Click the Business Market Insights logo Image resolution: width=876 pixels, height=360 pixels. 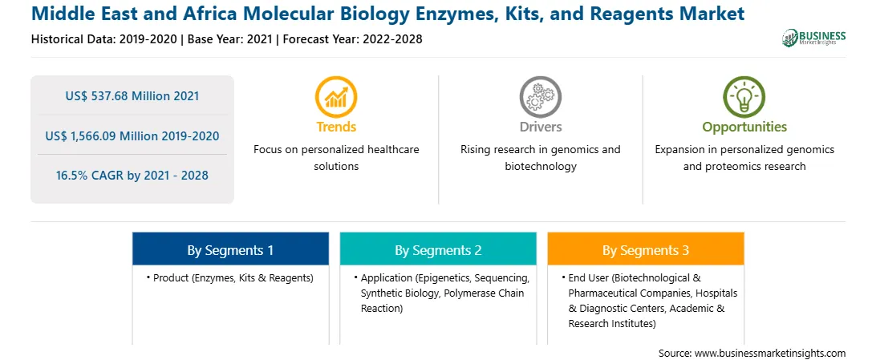pos(813,38)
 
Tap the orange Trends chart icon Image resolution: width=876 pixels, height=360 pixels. pos(336,96)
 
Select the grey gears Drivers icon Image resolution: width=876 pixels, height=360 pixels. pos(540,96)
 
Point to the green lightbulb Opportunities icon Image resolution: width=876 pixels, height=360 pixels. pos(744,96)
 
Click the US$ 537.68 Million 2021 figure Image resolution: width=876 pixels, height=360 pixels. pos(132,96)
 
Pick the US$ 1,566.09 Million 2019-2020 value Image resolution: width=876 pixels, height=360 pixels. pos(132,136)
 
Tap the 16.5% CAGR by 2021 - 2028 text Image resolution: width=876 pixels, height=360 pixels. pos(132,176)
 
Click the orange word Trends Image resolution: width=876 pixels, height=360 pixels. pos(336,127)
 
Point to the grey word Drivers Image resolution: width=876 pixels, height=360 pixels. pos(540,127)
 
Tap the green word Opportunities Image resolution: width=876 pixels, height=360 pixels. pos(744,127)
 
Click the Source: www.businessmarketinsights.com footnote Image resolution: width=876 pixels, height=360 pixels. pos(752,354)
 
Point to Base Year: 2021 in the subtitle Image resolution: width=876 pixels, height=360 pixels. pos(229,39)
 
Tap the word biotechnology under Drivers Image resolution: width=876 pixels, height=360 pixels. pos(540,166)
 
